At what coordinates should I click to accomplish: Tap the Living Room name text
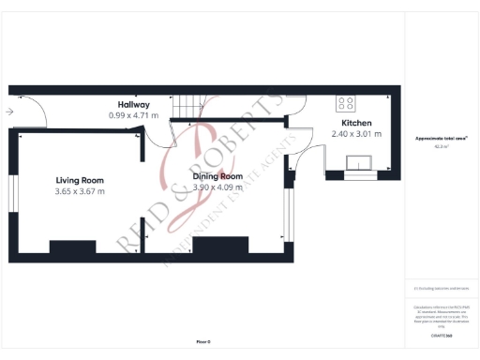[80, 180]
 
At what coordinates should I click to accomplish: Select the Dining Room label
[217, 176]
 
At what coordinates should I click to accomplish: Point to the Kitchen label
[356, 123]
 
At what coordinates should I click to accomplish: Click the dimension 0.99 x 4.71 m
[133, 115]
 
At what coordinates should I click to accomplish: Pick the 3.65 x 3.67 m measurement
[80, 191]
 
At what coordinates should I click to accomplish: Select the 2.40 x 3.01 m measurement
[356, 134]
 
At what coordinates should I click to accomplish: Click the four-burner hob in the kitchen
[345, 104]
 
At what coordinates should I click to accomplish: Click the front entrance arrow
[8, 112]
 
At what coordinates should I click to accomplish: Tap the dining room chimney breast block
[220, 247]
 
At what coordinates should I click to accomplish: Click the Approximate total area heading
[441, 139]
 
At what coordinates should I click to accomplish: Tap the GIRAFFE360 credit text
[441, 335]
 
